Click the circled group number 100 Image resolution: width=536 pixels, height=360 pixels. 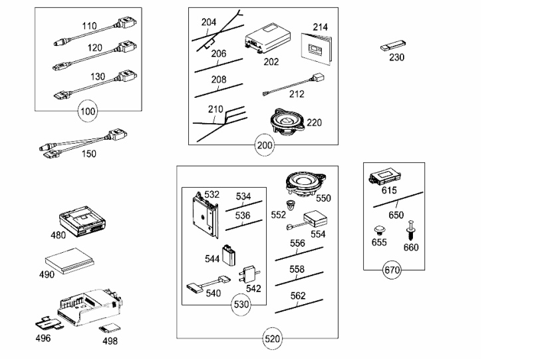87,110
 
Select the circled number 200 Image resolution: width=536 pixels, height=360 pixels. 263,144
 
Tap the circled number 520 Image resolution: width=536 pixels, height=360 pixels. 273,339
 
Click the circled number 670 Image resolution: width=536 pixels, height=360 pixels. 393,270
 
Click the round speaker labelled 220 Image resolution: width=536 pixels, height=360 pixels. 286,121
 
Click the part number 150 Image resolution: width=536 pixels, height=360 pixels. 88,154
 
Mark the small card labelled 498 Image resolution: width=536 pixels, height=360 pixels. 108,329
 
